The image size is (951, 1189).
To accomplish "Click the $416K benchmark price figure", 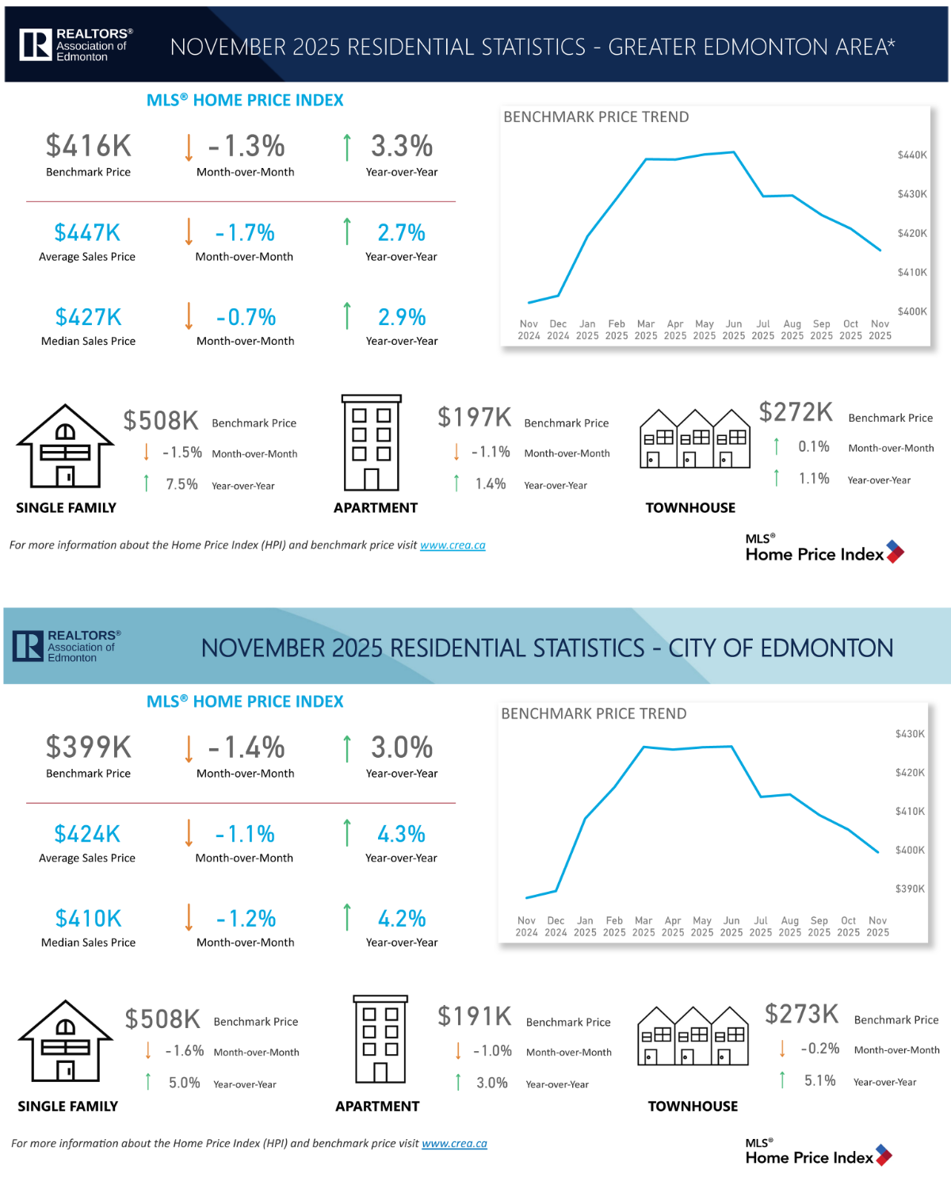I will [88, 146].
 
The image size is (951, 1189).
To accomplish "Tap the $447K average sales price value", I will [87, 232].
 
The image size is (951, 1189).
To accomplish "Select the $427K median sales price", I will [88, 317].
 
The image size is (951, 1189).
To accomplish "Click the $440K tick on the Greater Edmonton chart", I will [912, 155].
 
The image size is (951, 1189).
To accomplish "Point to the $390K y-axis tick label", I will [910, 889].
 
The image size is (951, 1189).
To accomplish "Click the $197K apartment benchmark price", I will [475, 417].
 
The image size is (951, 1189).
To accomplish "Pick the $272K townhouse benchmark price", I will [796, 412].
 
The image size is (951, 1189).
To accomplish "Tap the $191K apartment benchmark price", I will [475, 1015].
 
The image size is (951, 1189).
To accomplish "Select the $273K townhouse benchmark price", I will [801, 1014].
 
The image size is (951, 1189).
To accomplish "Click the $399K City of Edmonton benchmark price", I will [88, 747].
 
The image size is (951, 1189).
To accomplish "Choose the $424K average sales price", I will [87, 834].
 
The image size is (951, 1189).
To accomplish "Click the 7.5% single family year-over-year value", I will [181, 484].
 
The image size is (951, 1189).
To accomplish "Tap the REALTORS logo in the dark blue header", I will [76, 45].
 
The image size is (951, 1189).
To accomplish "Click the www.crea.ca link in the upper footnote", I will [453, 545].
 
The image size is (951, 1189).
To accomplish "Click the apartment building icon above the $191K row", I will [380, 1039].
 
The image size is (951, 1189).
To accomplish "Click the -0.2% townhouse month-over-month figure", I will [819, 1049].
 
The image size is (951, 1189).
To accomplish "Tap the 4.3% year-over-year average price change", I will [401, 834].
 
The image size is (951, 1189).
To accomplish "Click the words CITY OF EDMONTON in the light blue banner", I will [781, 648].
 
